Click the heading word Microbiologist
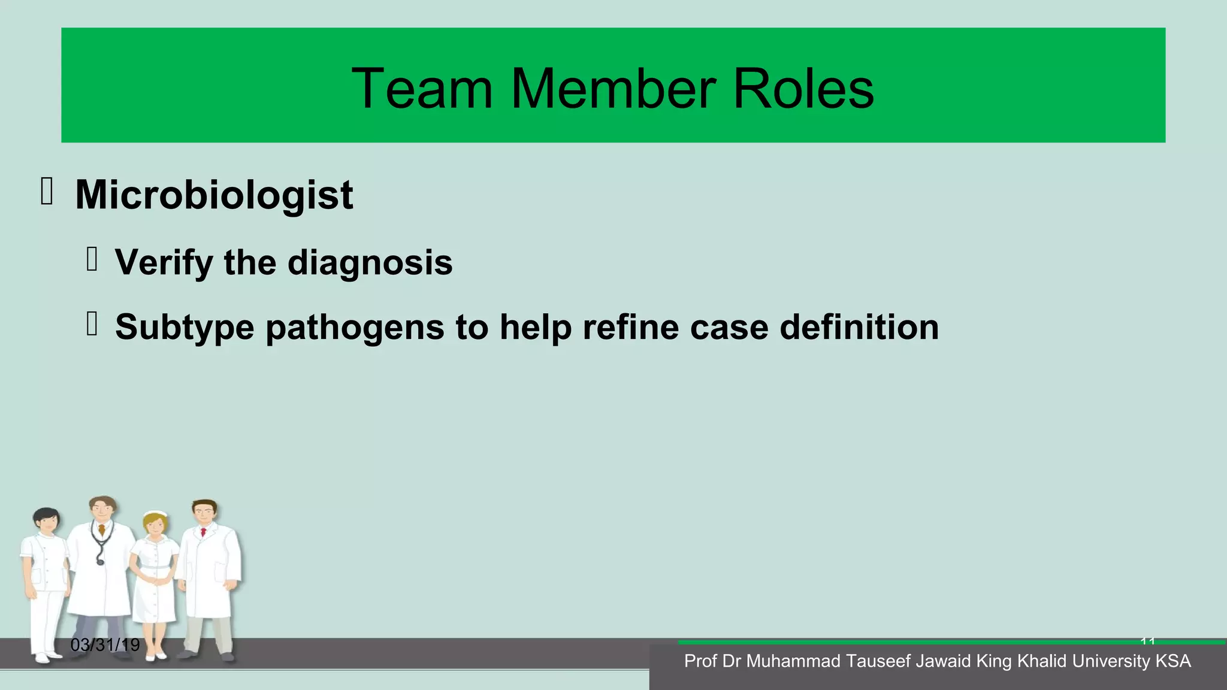[214, 195]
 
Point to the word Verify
[164, 263]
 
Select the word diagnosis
[370, 262]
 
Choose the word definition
[859, 327]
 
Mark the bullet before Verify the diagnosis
[92, 259]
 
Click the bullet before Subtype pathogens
[92, 324]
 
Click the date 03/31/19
[105, 645]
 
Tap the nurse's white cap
[156, 515]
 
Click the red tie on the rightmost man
[204, 532]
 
